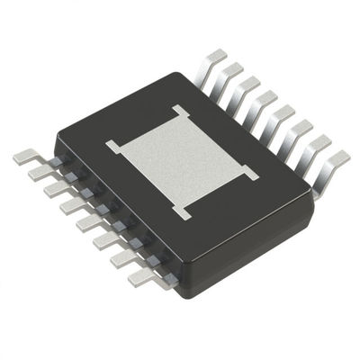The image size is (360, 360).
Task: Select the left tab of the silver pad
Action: click(x=113, y=144)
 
